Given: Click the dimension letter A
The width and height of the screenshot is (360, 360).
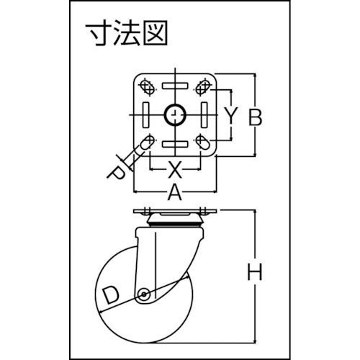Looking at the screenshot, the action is point(174,193).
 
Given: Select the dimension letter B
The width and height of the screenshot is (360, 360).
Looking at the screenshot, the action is point(255,117).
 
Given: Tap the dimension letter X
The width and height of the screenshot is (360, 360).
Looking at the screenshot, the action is point(174,169).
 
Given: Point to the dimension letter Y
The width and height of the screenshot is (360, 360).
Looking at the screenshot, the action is point(231,116).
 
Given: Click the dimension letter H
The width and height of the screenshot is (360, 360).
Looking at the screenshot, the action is point(255,271).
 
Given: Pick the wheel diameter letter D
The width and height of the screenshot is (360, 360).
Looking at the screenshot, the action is point(111,295).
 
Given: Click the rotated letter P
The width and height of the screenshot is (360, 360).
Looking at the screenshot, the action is point(116,174).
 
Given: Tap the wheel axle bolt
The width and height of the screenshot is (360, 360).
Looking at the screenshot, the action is point(144,294).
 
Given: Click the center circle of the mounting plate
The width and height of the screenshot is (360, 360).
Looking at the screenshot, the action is point(175,115).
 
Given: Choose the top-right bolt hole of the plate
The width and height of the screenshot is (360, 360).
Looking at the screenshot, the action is point(203,87).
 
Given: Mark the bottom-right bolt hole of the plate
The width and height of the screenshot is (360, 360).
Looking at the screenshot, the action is point(203,143).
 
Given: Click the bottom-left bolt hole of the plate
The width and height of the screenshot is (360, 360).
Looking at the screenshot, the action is point(147,143).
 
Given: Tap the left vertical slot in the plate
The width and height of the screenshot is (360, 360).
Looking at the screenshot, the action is point(146,115).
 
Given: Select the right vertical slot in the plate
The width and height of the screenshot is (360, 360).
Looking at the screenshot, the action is point(204,115).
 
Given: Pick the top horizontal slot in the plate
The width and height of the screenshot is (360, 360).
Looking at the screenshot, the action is point(175,86).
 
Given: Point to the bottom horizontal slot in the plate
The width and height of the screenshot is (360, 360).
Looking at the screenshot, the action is point(175,144).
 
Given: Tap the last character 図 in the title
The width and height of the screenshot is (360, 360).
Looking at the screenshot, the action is point(156,34).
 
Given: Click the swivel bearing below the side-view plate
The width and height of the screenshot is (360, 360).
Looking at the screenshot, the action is point(175,220).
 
